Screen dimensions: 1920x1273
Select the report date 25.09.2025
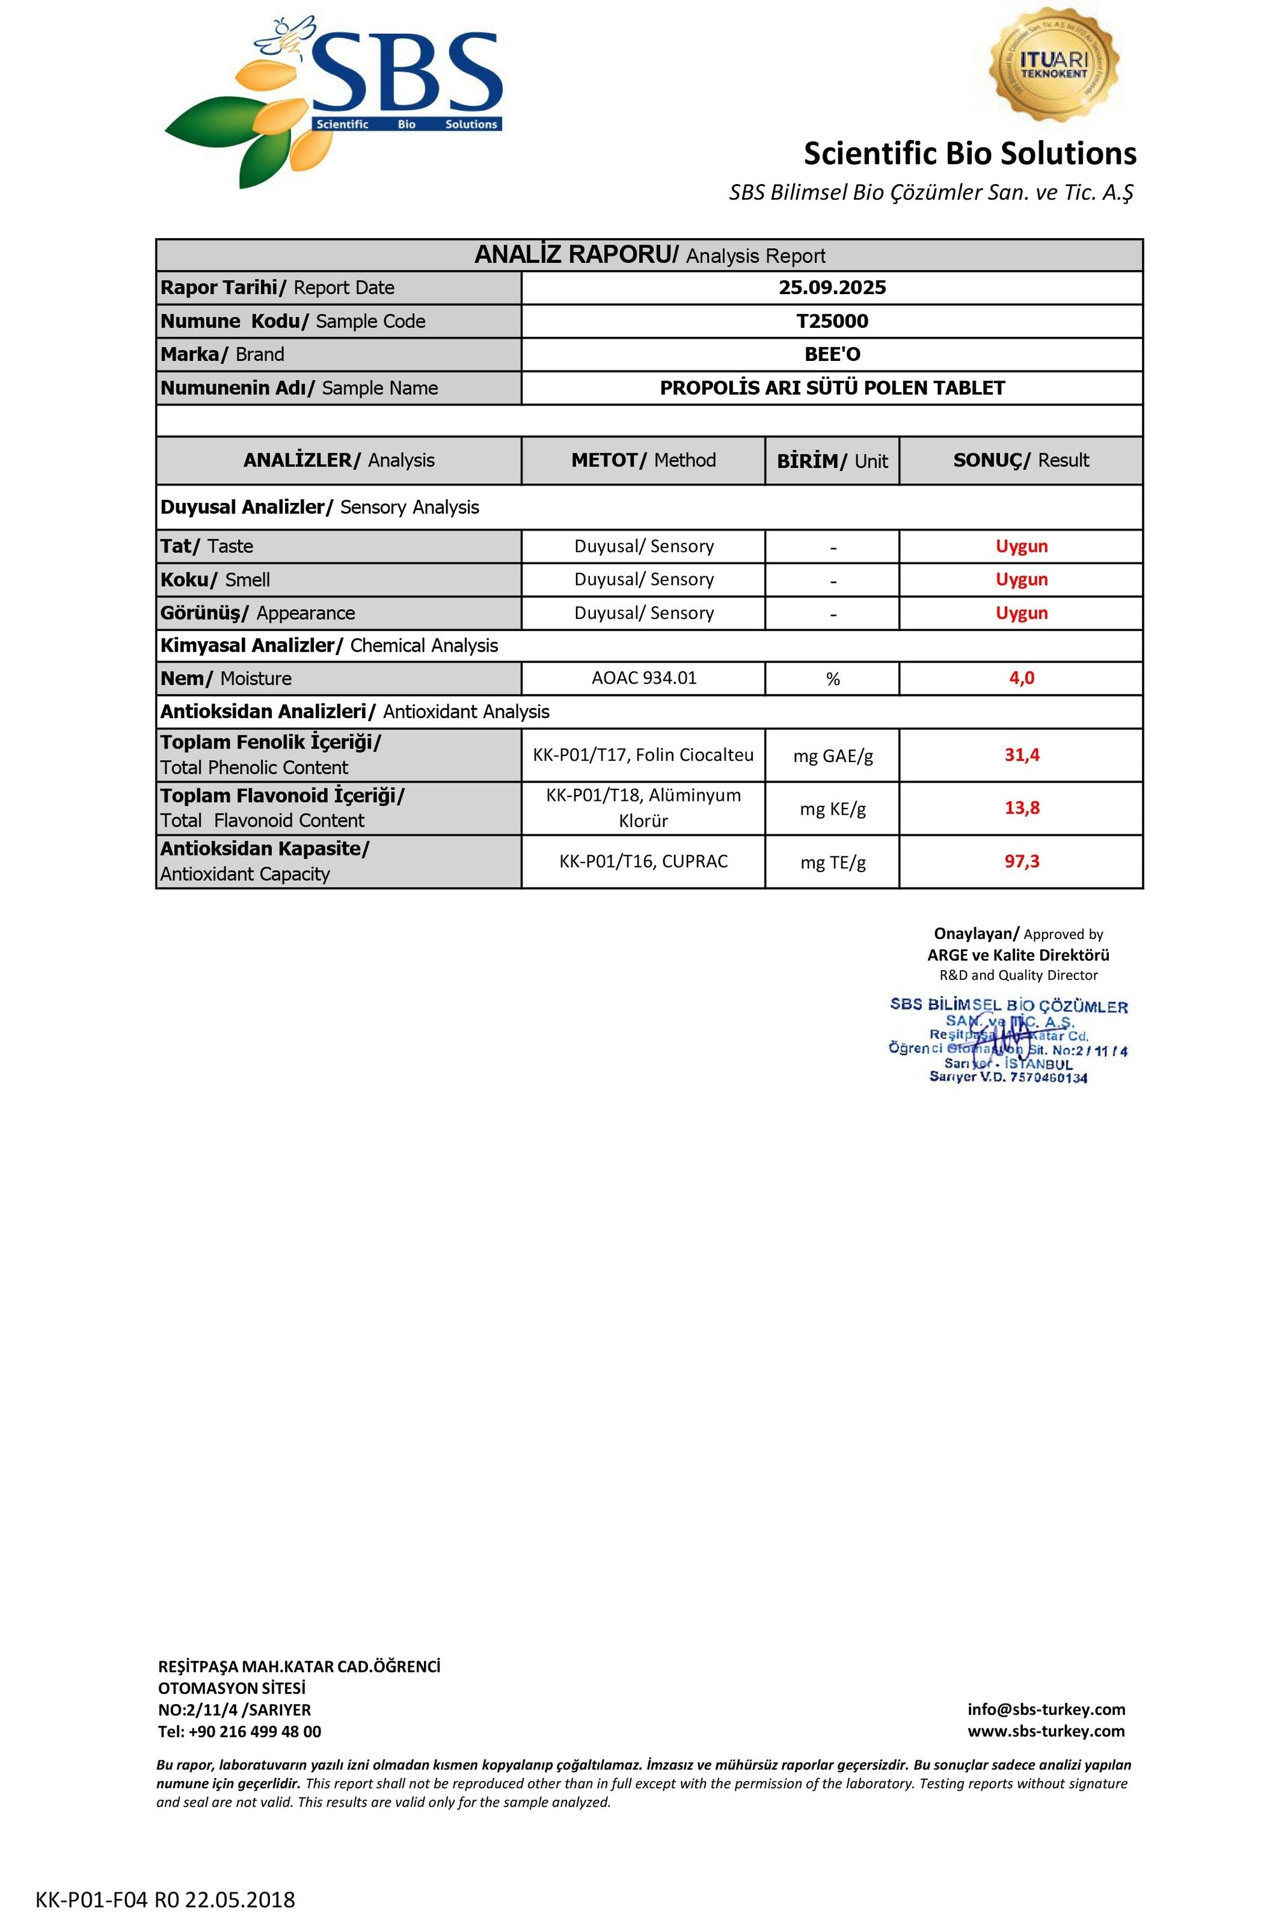831,287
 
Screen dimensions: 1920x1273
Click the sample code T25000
831,321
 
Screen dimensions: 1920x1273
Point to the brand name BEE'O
831,354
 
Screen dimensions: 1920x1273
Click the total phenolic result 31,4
1022,754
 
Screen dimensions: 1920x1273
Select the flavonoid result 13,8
1022,808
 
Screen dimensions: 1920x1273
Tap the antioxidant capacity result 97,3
1022,861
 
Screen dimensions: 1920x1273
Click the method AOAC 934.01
643,678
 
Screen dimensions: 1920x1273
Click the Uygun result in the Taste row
1022,546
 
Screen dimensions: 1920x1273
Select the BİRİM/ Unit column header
831,461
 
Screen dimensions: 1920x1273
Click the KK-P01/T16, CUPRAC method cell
643,861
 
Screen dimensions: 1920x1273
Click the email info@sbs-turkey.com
1046,1709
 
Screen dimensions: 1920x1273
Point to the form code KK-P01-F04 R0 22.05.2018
165,1900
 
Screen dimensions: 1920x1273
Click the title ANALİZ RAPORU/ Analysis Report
649,255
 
